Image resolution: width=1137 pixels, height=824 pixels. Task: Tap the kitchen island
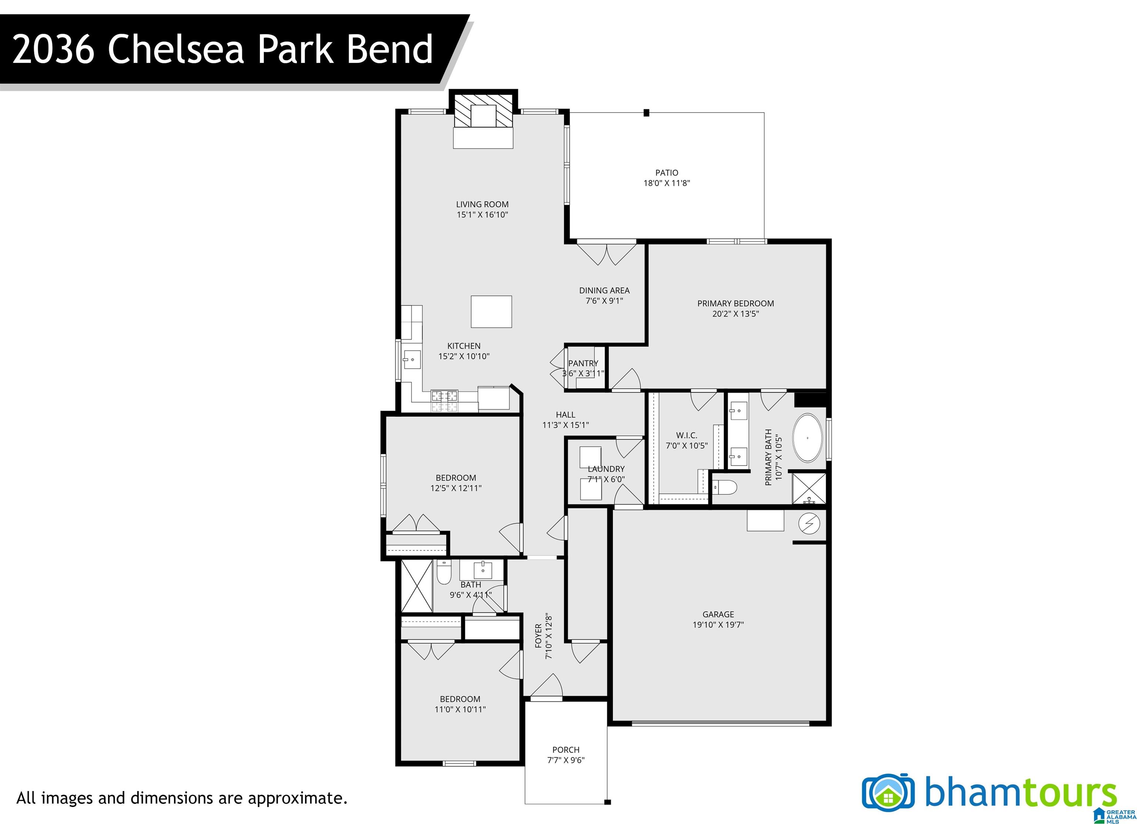point(491,311)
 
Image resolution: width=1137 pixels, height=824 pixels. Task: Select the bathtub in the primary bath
point(807,438)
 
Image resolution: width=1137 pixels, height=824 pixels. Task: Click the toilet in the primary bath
point(725,487)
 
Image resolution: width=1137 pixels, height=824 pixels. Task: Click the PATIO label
point(667,173)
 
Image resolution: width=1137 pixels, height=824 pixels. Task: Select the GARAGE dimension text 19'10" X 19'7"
point(718,625)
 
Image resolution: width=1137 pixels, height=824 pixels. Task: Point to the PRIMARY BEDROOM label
point(735,303)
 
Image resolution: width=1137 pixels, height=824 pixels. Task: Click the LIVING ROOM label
point(482,204)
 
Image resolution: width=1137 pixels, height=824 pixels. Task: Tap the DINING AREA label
point(604,290)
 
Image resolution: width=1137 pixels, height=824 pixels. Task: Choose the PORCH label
point(566,750)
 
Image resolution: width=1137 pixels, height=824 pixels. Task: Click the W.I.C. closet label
point(686,435)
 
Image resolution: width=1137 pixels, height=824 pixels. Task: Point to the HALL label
point(566,415)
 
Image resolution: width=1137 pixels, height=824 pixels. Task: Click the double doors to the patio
point(607,254)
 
